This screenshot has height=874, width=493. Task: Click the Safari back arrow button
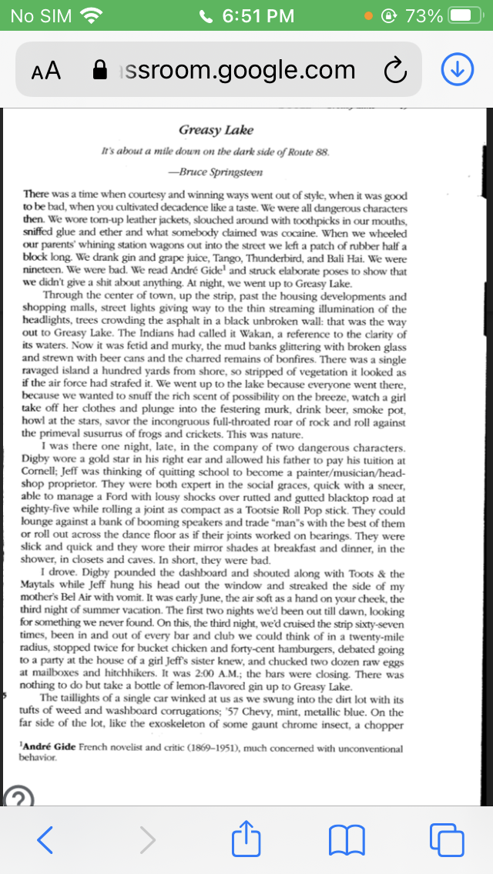[x=45, y=839]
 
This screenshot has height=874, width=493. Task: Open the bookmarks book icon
[x=345, y=839]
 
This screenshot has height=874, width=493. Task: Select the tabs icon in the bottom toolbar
[x=448, y=839]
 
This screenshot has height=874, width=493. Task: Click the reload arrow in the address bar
[x=394, y=71]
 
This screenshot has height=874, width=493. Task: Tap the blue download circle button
[x=457, y=70]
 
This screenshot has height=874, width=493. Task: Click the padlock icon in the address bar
[x=99, y=71]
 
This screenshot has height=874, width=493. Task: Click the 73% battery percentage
[x=424, y=15]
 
